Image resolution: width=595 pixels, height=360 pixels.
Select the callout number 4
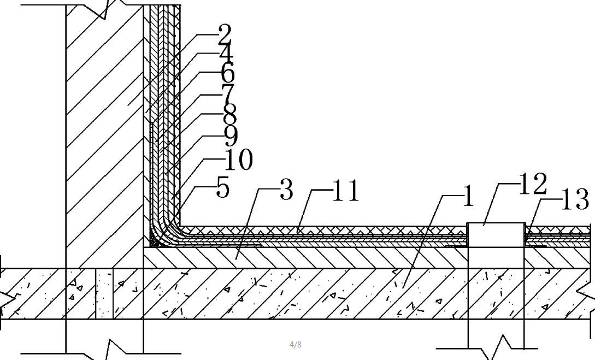(x=227, y=54)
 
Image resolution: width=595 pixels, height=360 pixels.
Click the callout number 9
(x=231, y=136)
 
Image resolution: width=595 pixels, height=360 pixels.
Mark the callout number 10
(x=239, y=160)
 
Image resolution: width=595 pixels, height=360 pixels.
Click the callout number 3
(x=286, y=190)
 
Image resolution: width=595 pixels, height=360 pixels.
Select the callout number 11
(x=346, y=191)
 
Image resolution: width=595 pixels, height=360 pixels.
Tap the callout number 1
(x=469, y=196)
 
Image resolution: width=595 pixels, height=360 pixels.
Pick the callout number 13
(x=575, y=199)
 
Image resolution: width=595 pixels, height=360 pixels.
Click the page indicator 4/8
(x=295, y=345)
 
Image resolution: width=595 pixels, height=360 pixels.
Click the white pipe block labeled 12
(x=496, y=235)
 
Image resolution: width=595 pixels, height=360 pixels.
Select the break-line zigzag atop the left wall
(x=105, y=8)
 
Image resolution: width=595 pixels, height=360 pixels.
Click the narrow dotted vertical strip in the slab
(x=104, y=293)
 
